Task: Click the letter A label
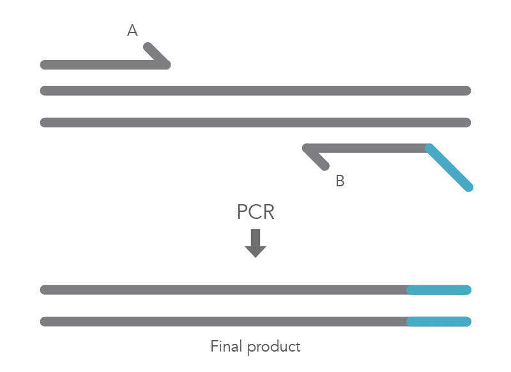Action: point(132,30)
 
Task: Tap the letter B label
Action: point(340,181)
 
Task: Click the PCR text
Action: point(256,212)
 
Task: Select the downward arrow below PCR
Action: point(256,243)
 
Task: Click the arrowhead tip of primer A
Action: point(168,64)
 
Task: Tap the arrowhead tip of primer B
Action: point(306,148)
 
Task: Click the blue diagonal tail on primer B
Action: point(450,168)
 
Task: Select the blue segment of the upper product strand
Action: point(439,290)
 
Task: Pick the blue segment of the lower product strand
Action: point(439,322)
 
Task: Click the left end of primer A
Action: point(44,64)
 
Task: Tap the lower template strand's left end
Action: point(44,122)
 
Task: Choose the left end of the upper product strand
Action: point(44,290)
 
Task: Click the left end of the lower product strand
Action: point(44,322)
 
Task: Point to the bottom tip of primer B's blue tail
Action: point(469,188)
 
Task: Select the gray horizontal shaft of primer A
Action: point(102,64)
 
